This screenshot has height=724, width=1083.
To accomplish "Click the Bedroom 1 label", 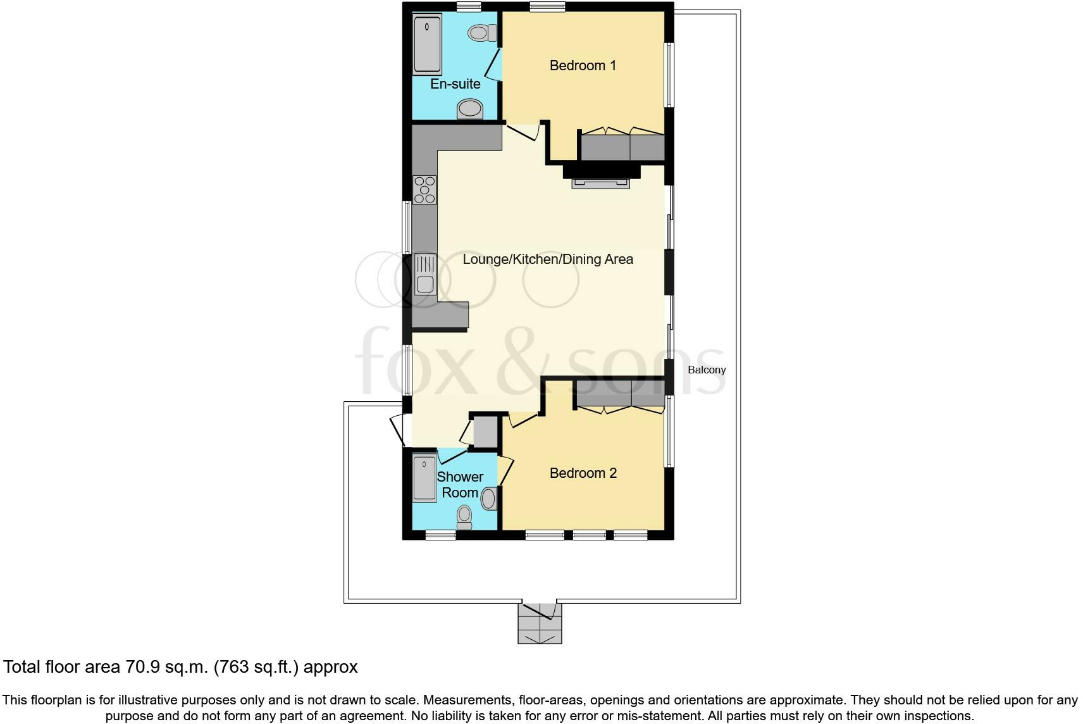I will (583, 65).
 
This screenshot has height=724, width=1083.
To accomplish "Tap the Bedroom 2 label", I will (583, 473).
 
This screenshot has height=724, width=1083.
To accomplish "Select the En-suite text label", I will (455, 84).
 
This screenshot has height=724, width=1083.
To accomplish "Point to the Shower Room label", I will (460, 485).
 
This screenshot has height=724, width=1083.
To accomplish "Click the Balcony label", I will (707, 370).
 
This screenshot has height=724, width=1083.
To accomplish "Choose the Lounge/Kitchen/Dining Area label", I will (548, 259).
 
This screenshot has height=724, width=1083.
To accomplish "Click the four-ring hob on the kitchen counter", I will (424, 190).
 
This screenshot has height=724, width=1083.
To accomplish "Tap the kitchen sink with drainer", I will (425, 275).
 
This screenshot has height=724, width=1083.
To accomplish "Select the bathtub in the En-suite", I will (428, 44).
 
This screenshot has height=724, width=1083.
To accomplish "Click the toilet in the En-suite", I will (483, 32).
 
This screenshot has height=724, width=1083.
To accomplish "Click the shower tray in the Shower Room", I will (424, 478).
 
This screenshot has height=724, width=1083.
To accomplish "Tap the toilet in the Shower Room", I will (465, 516).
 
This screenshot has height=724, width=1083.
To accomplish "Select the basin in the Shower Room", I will (489, 499).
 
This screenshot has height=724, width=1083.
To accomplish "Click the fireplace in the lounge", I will (600, 183).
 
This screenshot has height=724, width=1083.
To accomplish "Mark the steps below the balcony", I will (540, 624).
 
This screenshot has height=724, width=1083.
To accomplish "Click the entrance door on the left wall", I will (398, 430).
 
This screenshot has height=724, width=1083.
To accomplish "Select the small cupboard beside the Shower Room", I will (485, 432).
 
